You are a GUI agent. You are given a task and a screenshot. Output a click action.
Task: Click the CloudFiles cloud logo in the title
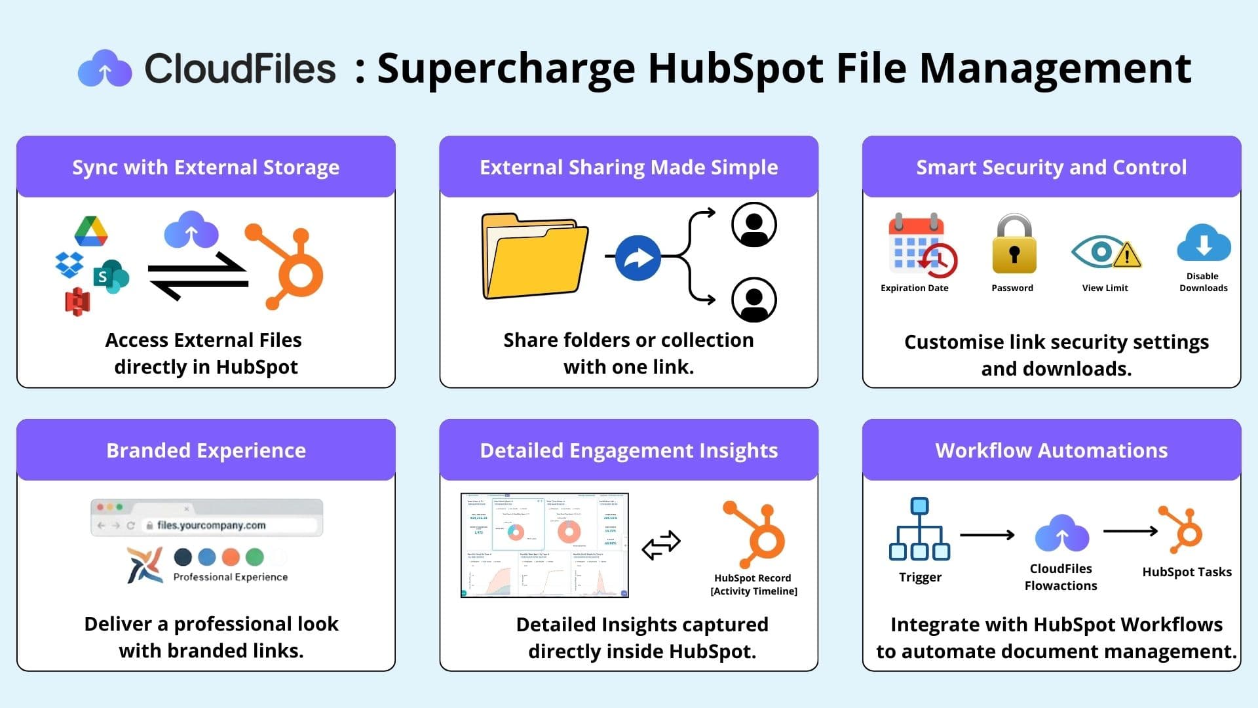tap(105, 68)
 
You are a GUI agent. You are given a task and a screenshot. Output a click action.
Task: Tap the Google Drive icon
tap(91, 231)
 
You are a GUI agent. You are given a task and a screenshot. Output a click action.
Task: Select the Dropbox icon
tap(69, 264)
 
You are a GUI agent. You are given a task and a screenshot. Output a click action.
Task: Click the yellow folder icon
tap(535, 256)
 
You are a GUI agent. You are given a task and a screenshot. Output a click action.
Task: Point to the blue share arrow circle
tap(638, 258)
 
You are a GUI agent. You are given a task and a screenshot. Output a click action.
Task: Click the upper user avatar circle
tap(754, 225)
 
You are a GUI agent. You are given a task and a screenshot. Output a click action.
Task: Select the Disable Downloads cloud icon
tap(1204, 243)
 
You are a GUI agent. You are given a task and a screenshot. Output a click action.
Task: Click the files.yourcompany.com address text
tap(211, 525)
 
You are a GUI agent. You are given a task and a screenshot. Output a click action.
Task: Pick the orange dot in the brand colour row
tap(231, 557)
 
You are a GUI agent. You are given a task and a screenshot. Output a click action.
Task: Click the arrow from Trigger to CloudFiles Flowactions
tap(987, 535)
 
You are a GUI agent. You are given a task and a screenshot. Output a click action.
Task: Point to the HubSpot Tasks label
tap(1187, 572)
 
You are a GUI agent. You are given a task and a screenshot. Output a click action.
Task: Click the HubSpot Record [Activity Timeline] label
tap(753, 584)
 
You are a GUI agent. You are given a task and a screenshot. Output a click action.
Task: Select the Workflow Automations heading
tap(1052, 450)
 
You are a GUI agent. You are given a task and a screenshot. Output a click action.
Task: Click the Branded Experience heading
tap(206, 450)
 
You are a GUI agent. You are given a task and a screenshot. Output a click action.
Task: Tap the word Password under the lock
tap(1012, 288)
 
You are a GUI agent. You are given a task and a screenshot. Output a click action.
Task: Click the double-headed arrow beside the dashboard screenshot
tap(661, 545)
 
